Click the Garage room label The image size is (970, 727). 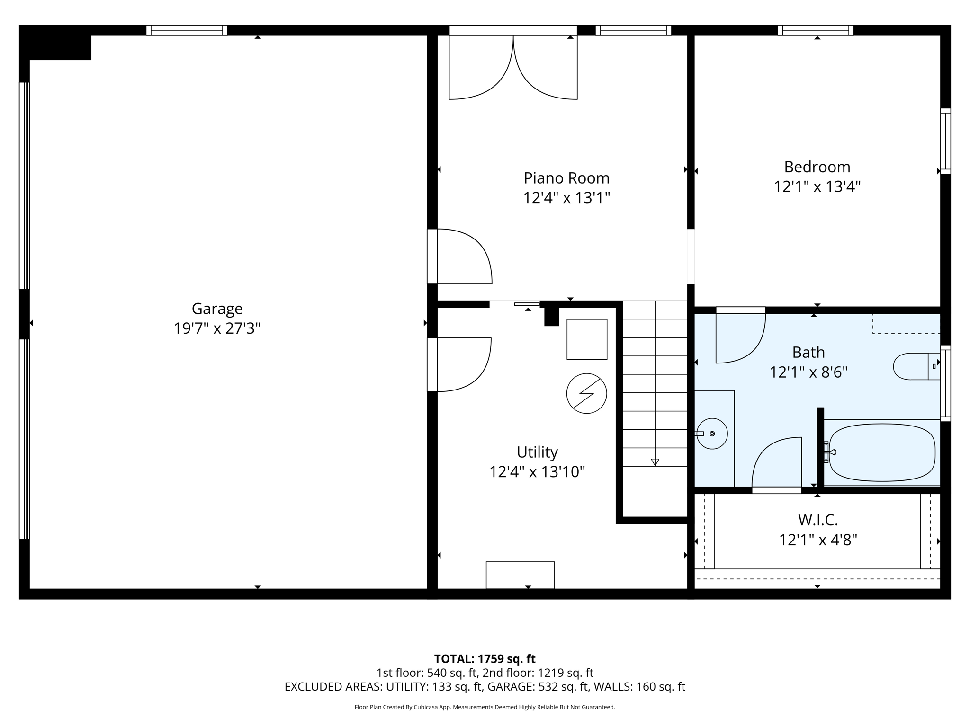pyautogui.click(x=217, y=309)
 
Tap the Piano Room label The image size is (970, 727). pyautogui.click(x=566, y=178)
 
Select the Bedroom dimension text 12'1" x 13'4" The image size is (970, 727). pyautogui.click(x=817, y=186)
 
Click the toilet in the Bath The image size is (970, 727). pyautogui.click(x=916, y=366)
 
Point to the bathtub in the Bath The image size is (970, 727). pyautogui.click(x=882, y=452)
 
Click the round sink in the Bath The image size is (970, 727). pyautogui.click(x=712, y=434)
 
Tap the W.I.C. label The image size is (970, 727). pyautogui.click(x=818, y=520)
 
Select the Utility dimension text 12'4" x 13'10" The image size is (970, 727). pyautogui.click(x=537, y=472)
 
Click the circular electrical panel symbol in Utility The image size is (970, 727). pyautogui.click(x=586, y=393)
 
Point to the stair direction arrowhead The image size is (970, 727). pyautogui.click(x=655, y=462)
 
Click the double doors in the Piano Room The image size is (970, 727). pyautogui.click(x=513, y=67)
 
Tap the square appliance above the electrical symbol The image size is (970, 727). pyautogui.click(x=587, y=339)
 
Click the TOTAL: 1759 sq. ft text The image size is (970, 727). pyautogui.click(x=485, y=659)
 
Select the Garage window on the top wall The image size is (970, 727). pyautogui.click(x=187, y=30)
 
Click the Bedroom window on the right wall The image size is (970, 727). pyautogui.click(x=945, y=141)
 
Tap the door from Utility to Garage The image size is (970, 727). pyautogui.click(x=459, y=364)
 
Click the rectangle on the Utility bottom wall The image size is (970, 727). pyautogui.click(x=520, y=575)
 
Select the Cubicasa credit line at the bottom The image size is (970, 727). pyautogui.click(x=485, y=707)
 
